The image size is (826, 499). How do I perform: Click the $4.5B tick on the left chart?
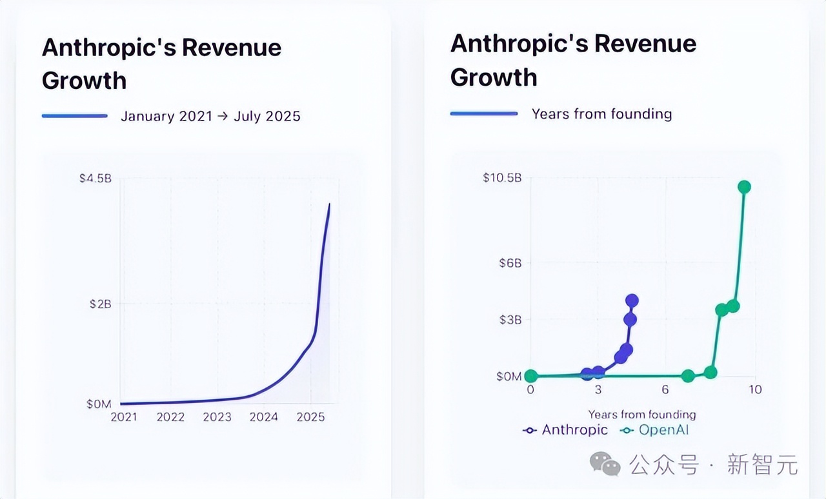[x=96, y=178]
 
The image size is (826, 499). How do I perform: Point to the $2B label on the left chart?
[x=99, y=304]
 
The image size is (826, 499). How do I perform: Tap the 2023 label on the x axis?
[x=217, y=417]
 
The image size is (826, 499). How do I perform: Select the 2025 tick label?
[x=310, y=417]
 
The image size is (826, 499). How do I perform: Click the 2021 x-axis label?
[x=124, y=417]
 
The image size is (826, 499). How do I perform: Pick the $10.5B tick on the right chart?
[x=502, y=177]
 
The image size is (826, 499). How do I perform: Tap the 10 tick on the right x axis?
[x=754, y=389]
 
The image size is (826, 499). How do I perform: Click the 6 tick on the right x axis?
[x=665, y=389]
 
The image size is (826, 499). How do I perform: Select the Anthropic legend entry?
[x=565, y=430]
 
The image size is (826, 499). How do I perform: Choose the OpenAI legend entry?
[x=654, y=430]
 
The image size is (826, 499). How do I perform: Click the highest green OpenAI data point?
[x=744, y=187]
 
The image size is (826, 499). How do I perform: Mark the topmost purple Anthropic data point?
[x=632, y=300]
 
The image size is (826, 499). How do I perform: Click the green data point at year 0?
[x=530, y=376]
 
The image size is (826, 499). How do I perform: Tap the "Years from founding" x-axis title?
[x=641, y=415]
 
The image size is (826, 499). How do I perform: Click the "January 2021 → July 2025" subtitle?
[x=210, y=116]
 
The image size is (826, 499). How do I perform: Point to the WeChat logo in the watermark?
[x=605, y=464]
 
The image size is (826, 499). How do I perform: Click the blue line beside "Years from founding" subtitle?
[x=484, y=114]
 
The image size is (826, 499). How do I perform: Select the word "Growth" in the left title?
[x=84, y=81]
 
